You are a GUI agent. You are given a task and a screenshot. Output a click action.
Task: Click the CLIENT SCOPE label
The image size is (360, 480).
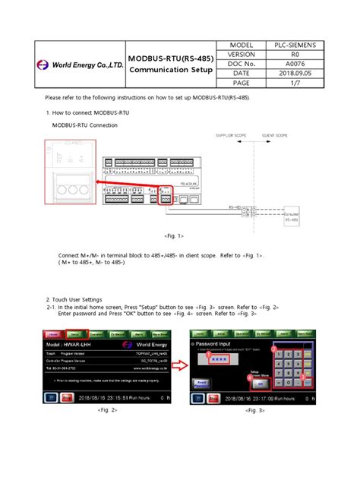coord(274,135)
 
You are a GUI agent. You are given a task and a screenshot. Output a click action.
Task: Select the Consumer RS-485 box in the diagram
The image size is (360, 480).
coord(289,218)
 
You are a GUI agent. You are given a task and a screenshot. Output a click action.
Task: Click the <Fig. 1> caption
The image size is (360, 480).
coord(174,236)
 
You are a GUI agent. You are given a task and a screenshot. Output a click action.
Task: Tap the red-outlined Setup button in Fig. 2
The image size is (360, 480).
coord(75,333)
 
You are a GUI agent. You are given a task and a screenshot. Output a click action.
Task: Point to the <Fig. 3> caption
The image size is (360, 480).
coord(254,409)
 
